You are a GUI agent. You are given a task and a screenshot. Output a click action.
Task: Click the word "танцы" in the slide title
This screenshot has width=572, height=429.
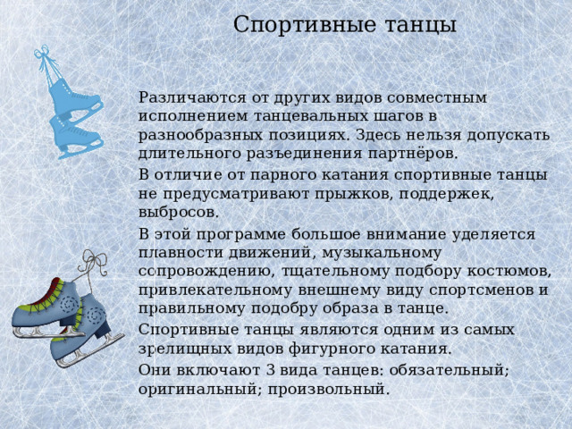[x=414, y=25]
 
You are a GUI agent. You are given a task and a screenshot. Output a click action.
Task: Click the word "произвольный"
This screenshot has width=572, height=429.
[x=330, y=389]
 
